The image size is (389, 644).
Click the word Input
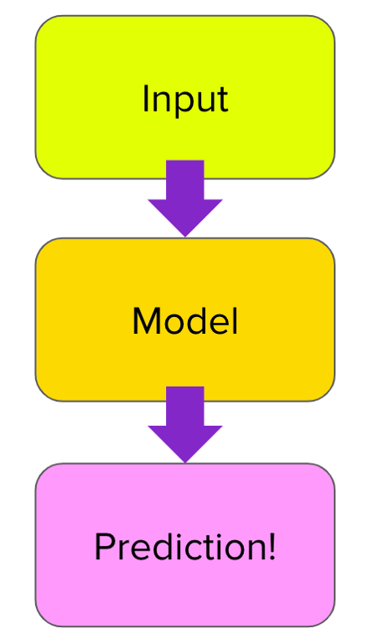(184, 99)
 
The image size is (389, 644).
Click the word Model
(184, 321)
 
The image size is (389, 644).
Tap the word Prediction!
(184, 548)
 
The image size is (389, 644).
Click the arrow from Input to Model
(185, 197)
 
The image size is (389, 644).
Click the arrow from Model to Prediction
(185, 423)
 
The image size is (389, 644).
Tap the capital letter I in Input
(146, 98)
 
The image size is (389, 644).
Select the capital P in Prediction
(104, 548)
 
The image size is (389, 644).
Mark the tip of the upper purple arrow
(185, 234)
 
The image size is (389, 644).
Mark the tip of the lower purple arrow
(185, 460)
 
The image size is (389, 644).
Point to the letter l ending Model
(235, 320)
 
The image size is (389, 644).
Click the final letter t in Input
(222, 100)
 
